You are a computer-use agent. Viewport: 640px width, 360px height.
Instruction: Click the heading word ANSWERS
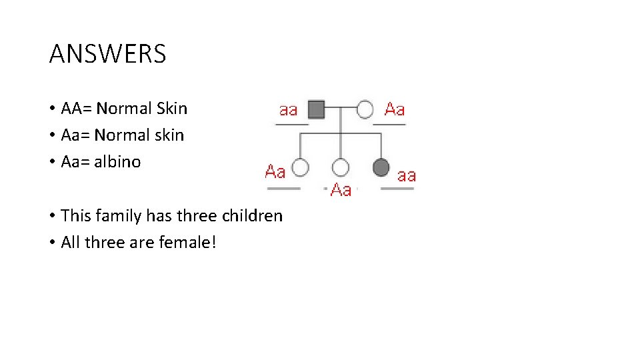[x=107, y=54]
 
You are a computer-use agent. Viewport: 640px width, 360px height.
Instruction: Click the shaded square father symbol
[x=316, y=109]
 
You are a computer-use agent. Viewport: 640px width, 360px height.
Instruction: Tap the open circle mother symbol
[x=365, y=109]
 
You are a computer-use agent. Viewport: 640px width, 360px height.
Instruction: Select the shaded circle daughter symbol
[x=381, y=167]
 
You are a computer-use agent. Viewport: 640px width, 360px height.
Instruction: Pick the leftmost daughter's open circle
[x=301, y=167]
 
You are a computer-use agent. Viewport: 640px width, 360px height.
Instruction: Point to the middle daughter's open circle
[x=341, y=167]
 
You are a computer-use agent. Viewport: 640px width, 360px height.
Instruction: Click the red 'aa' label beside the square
[x=289, y=109]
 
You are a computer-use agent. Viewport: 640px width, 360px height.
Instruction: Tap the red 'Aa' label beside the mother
[x=395, y=109]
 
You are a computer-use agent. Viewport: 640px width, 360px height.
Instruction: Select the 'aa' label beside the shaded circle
[x=407, y=175]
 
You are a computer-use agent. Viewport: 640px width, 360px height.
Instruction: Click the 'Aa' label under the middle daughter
[x=341, y=190]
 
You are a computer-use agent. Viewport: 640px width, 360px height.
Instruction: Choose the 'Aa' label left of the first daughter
[x=275, y=171]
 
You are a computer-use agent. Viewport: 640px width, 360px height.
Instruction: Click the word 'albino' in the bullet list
[x=117, y=162]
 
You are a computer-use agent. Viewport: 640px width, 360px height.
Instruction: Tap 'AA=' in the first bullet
[x=76, y=109]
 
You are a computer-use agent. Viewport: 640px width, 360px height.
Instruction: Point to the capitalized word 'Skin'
[x=172, y=109]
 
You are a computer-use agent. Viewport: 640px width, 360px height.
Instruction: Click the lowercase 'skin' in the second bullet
[x=169, y=135]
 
